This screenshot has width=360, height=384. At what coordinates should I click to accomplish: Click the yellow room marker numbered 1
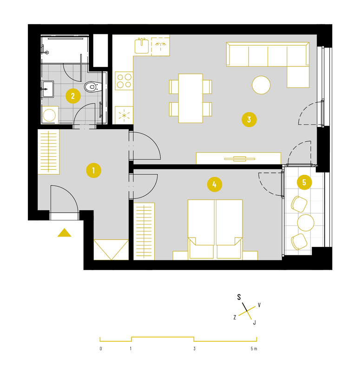[x=93, y=170]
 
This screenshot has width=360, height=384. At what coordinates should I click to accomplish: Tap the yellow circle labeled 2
[x=73, y=96]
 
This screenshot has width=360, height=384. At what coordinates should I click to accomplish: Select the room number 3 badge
[x=249, y=119]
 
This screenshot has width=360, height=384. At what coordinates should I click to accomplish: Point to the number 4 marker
[x=215, y=185]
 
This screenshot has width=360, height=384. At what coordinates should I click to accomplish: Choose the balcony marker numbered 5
[x=304, y=182]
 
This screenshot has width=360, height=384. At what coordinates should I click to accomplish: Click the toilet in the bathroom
[x=93, y=86]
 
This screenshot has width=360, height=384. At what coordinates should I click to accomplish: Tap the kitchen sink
[x=142, y=46]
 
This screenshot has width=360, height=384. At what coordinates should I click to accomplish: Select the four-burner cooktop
[x=124, y=81]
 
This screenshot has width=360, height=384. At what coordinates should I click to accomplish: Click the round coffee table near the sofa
[x=261, y=85]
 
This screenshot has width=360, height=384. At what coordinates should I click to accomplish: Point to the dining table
[x=190, y=98]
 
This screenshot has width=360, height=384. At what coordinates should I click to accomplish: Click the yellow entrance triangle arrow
[x=65, y=232]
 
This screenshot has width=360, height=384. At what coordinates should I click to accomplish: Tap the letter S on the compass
[x=239, y=297]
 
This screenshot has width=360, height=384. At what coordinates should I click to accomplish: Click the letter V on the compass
[x=259, y=305]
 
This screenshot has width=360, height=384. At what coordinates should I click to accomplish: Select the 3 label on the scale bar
[x=194, y=349]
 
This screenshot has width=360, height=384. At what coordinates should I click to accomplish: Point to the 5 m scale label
[x=254, y=349]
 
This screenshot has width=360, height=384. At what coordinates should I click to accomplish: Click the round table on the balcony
[x=306, y=223]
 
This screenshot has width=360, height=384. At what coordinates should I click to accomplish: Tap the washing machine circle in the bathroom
[x=49, y=115]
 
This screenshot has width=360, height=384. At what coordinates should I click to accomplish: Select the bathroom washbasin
[x=47, y=89]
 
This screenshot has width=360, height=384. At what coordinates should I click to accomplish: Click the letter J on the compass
[x=255, y=323]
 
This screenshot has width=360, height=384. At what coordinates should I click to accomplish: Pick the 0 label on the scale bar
[x=101, y=349]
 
